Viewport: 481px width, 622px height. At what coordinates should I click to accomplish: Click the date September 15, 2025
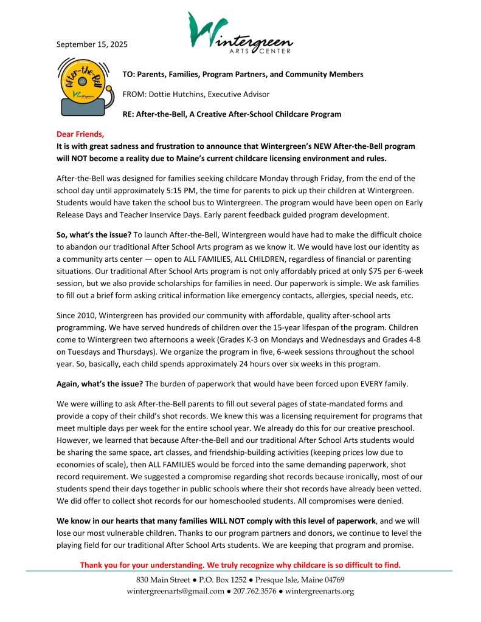(x=92, y=44)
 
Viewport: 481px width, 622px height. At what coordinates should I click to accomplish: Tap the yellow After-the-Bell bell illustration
(x=81, y=86)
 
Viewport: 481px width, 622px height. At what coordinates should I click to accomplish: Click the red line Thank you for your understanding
(x=240, y=565)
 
